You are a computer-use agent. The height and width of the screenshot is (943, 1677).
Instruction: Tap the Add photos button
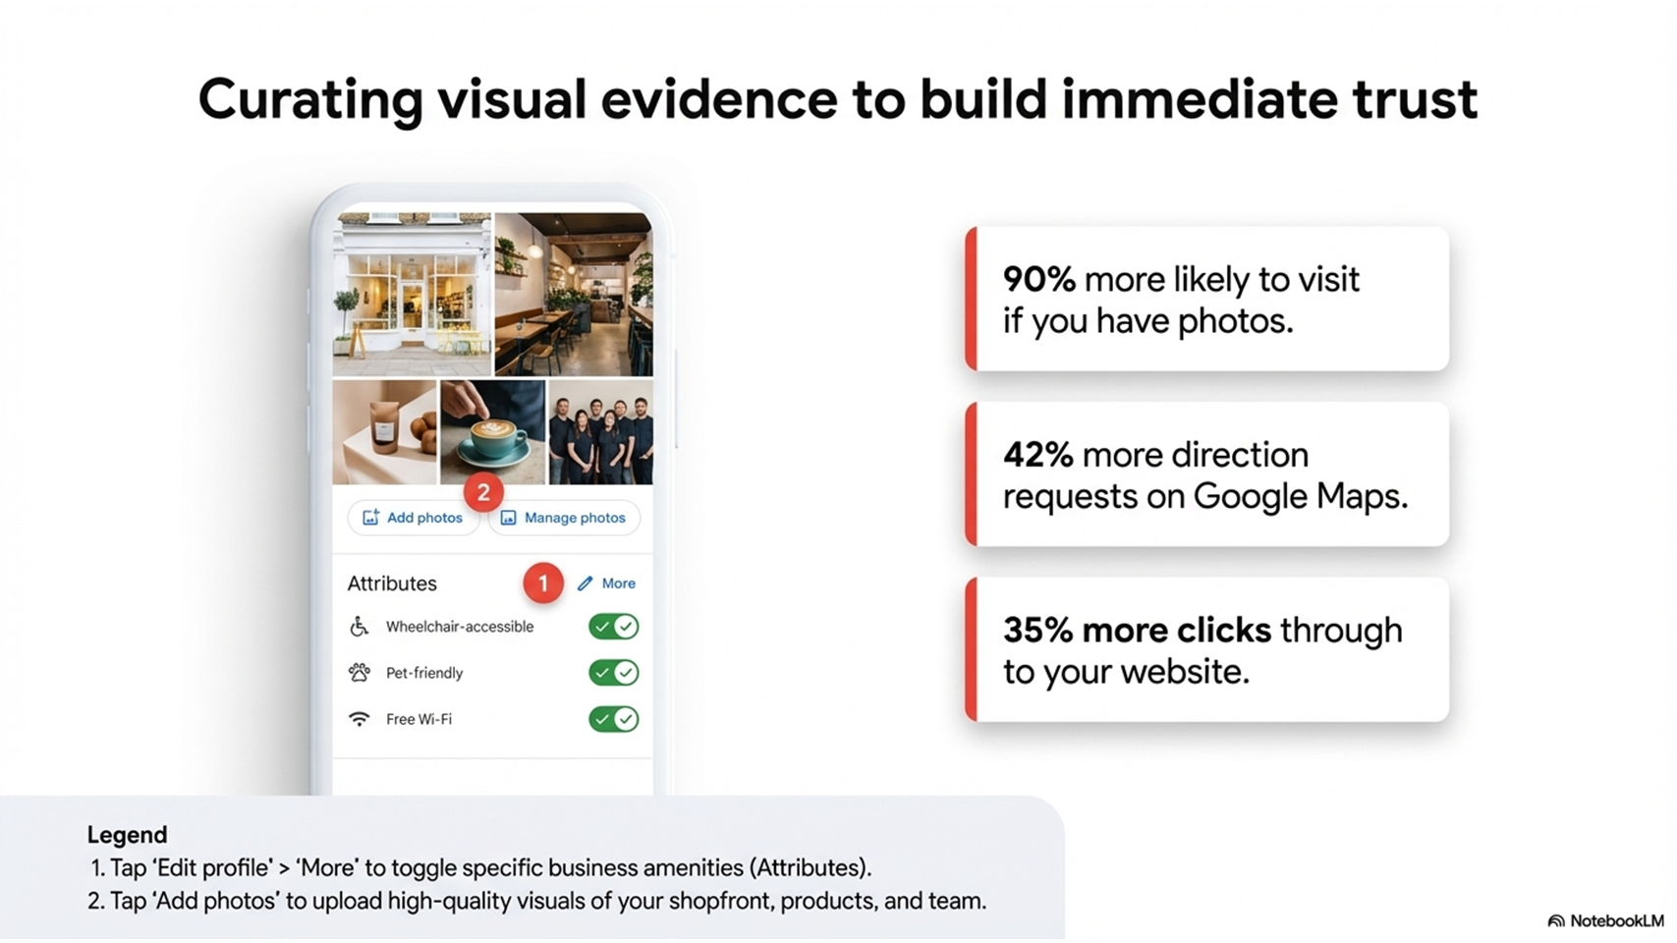[414, 518]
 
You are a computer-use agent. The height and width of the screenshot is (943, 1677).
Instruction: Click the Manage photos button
[564, 518]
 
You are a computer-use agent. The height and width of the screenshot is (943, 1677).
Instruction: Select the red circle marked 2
[483, 492]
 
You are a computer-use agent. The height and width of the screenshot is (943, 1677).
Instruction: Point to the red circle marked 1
[542, 583]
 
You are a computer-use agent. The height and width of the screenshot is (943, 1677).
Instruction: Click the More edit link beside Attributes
[606, 583]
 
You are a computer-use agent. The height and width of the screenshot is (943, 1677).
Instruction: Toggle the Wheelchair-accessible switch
[613, 627]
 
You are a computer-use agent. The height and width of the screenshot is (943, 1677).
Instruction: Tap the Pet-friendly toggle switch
[613, 673]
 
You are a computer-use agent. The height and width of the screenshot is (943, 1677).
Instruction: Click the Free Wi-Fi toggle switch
[613, 719]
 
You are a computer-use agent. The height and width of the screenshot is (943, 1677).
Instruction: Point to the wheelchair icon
[360, 627]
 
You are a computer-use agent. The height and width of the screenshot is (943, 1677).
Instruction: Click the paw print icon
[360, 673]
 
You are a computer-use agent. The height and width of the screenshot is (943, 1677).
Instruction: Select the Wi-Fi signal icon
[360, 719]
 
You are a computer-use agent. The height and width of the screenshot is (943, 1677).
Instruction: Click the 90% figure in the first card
[1039, 279]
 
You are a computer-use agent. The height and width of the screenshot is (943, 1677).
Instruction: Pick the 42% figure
[1038, 454]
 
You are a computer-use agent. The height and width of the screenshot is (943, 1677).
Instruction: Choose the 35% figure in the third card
[1038, 631]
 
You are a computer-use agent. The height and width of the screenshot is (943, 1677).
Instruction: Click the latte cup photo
[492, 432]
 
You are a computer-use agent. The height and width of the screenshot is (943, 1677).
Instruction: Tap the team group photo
[601, 432]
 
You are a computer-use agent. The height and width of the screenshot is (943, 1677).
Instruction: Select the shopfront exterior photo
[412, 294]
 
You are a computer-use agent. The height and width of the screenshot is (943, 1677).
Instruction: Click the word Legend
[128, 835]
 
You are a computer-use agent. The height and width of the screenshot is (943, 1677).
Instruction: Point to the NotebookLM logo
[1606, 920]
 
